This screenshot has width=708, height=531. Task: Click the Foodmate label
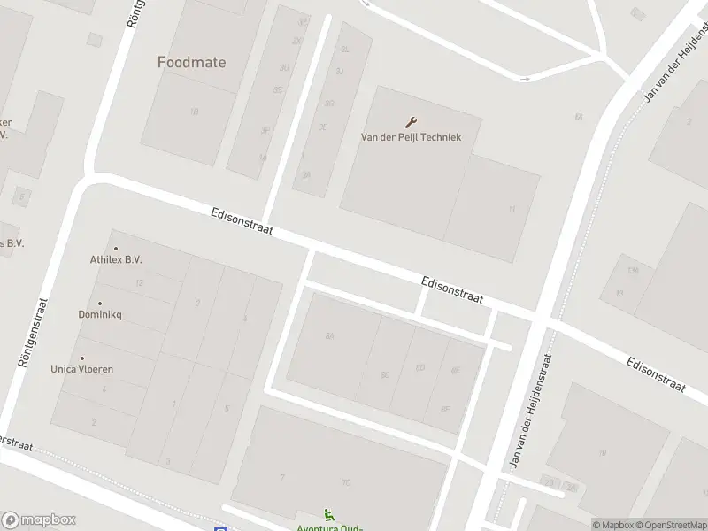191,62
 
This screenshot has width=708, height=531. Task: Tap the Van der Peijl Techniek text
411,137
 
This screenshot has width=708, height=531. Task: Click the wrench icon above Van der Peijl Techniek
411,122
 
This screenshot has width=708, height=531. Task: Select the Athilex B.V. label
116,260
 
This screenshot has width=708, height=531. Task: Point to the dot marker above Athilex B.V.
115,249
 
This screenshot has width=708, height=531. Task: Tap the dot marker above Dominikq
99,304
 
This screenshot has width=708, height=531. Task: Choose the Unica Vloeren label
82,369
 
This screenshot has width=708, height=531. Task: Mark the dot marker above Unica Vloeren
82,358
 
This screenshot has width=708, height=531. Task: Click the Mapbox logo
38,520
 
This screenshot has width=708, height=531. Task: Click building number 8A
330,336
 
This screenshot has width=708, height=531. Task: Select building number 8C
385,374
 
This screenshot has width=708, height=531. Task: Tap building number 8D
420,367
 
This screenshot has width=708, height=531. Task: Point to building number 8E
456,371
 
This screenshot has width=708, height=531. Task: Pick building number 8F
444,408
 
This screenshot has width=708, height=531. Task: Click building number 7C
346,482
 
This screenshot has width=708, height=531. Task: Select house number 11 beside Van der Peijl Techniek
512,209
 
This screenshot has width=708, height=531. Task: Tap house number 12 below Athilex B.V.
139,283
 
